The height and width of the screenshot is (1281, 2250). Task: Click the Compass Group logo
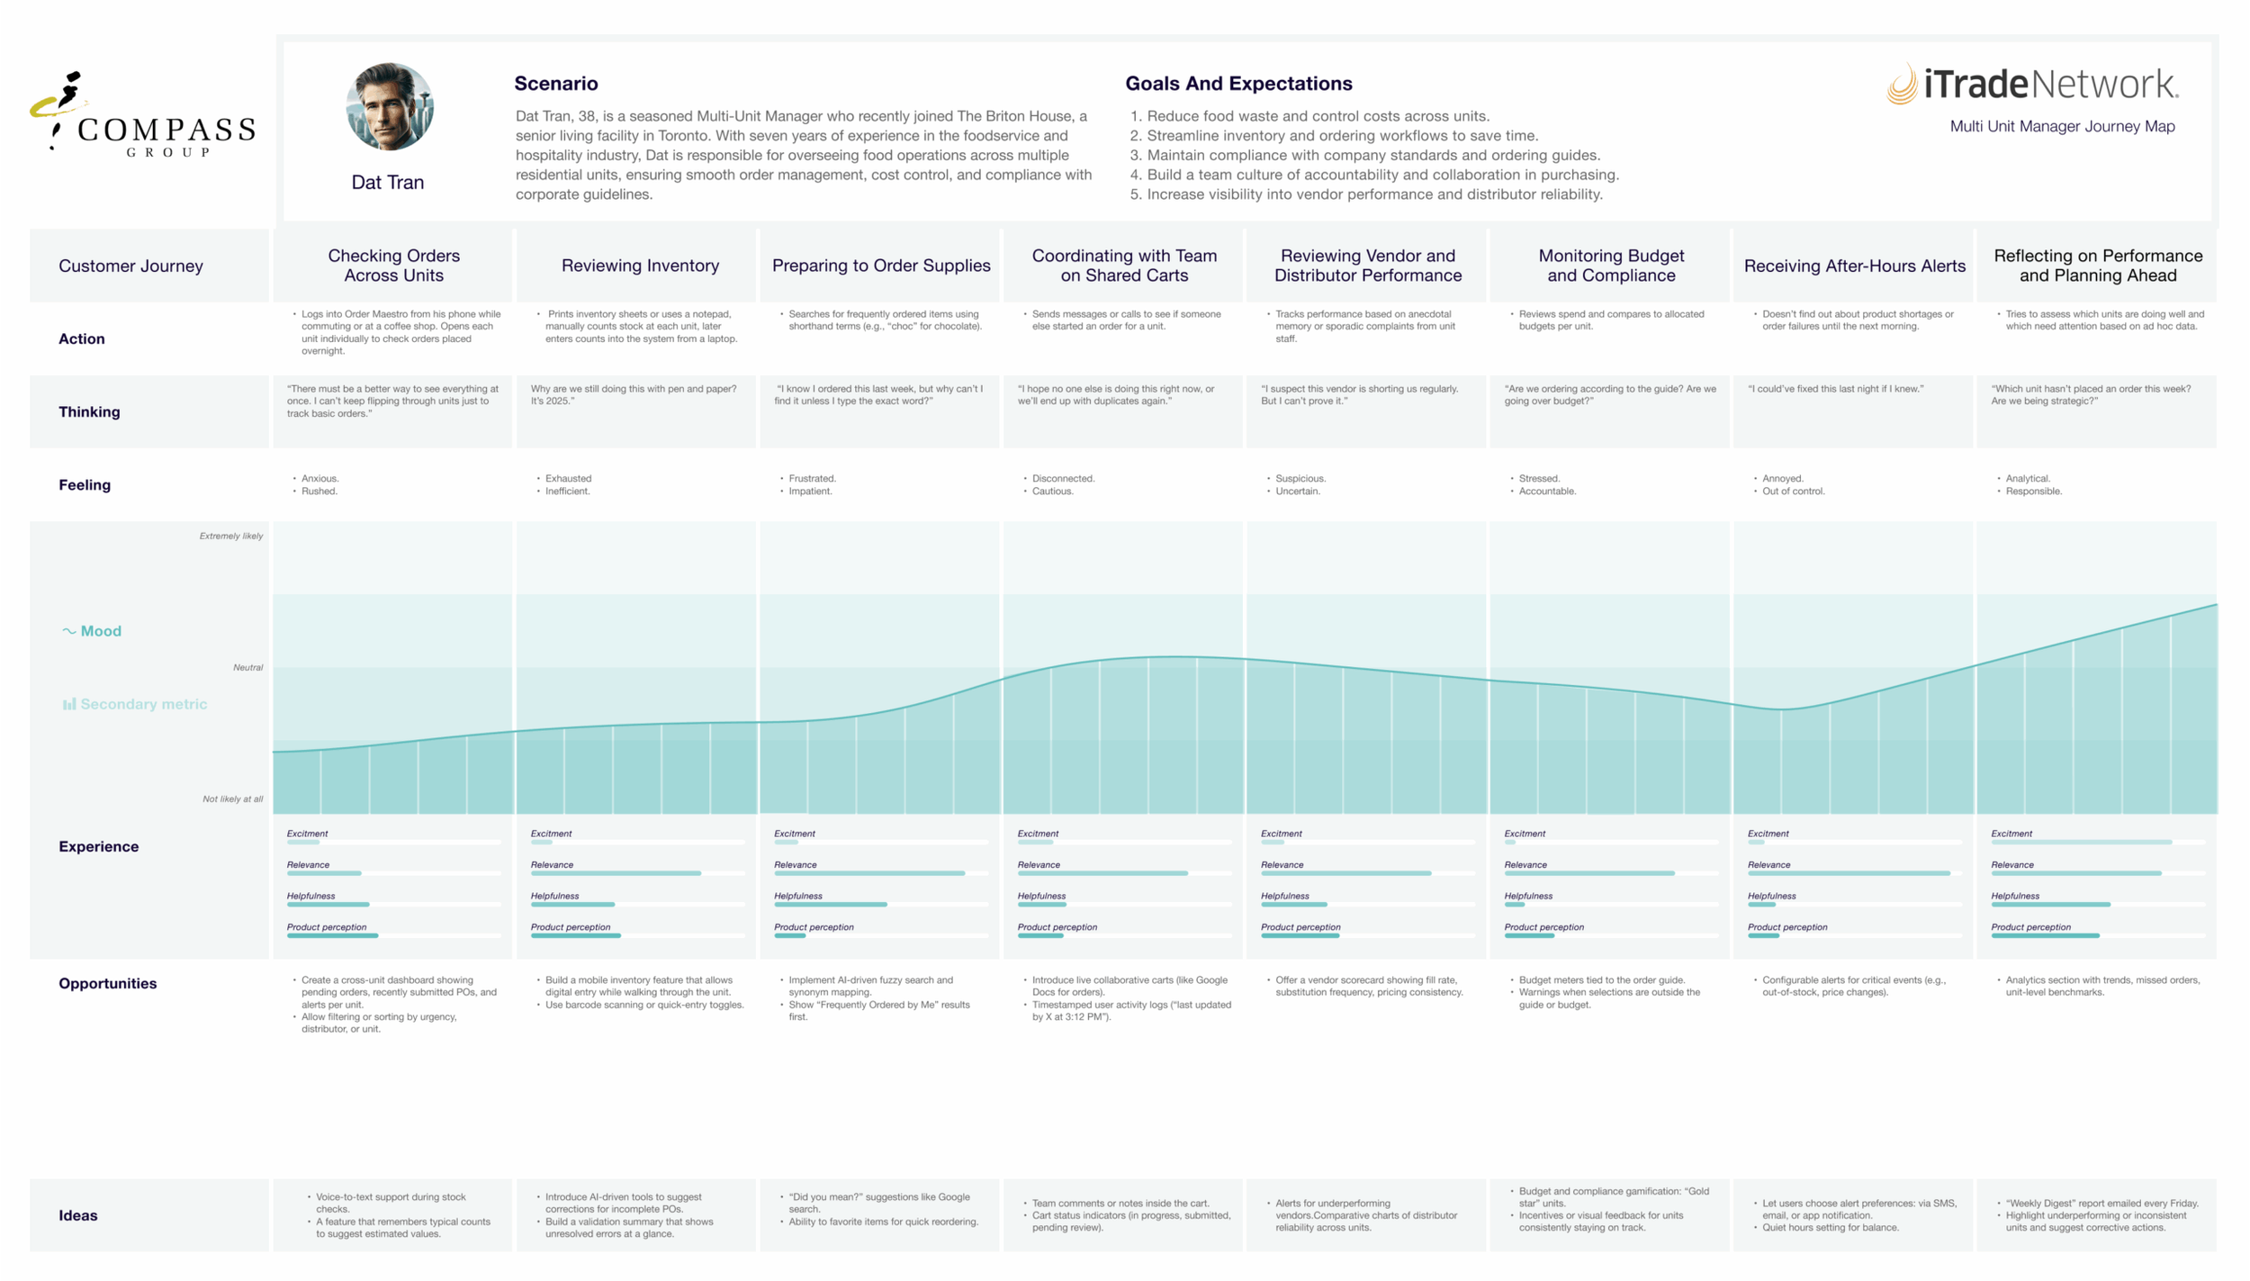coord(142,114)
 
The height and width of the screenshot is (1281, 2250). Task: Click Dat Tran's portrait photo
coord(390,106)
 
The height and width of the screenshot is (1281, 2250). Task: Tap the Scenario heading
coord(556,84)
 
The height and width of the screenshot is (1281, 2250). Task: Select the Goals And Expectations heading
coord(1238,84)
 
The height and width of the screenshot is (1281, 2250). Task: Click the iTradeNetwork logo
coord(2032,85)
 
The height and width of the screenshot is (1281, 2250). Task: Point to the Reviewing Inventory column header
coord(640,266)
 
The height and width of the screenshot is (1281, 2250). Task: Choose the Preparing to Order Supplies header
coord(881,266)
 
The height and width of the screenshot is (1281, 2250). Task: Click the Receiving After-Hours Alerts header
coord(1854,266)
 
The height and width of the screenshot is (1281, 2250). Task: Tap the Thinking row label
coord(89,411)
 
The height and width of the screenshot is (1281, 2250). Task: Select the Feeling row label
coord(85,484)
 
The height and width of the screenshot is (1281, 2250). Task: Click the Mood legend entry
coord(92,631)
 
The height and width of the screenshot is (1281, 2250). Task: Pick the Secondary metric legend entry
coord(135,704)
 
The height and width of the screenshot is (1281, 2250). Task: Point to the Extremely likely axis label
coord(231,536)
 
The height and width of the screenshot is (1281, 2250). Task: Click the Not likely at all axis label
coord(233,798)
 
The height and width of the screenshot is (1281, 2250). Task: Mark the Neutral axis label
coord(247,667)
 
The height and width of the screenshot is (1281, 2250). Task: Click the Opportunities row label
coord(108,983)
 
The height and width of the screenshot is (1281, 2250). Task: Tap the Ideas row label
coord(78,1215)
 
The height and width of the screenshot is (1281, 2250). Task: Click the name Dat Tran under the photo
coord(388,182)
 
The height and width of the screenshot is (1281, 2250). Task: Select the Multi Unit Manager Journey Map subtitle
coord(2062,127)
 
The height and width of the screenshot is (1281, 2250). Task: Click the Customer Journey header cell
coord(130,266)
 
